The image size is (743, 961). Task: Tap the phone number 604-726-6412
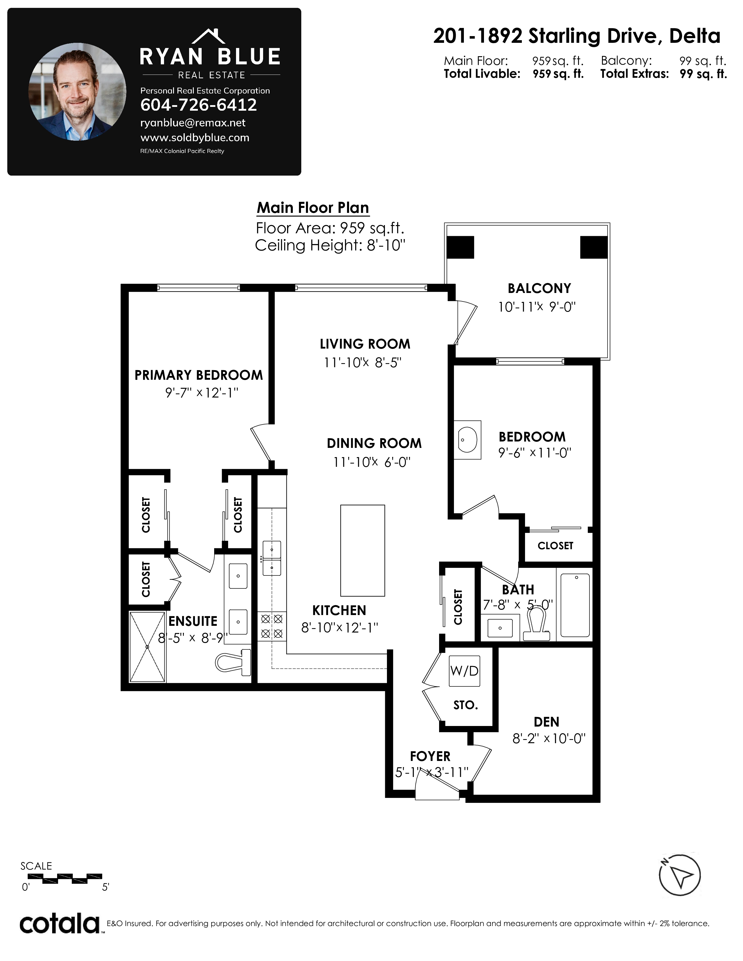pos(198,105)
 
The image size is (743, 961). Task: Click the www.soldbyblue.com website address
pos(195,138)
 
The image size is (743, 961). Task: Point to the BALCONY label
pos(539,288)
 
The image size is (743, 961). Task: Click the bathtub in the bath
pos(575,605)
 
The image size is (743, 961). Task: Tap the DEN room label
pos(546,722)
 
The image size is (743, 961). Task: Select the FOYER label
pos(430,756)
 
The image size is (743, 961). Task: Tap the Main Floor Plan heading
pos(313,208)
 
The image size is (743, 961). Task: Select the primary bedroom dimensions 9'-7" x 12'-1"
pos(202,393)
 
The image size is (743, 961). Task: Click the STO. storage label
pos(466,705)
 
